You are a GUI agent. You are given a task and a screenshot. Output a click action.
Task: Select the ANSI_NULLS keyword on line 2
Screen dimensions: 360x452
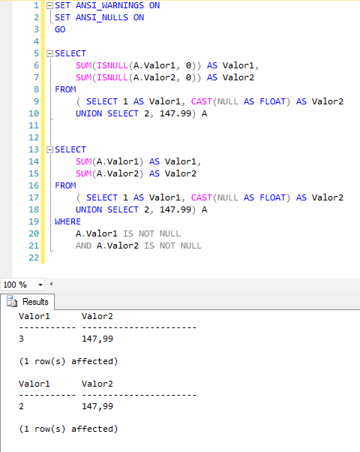[x=102, y=17]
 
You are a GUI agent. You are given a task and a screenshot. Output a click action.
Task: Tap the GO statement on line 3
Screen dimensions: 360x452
[x=60, y=29]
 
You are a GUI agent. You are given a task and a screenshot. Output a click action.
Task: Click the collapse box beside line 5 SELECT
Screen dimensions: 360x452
[x=49, y=53]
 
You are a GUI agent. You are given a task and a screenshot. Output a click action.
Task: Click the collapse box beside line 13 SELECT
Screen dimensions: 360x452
[x=49, y=149]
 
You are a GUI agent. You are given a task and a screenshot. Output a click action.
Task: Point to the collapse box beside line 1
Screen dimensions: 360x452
[x=49, y=5]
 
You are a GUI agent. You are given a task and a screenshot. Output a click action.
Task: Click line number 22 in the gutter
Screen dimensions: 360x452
[x=34, y=258]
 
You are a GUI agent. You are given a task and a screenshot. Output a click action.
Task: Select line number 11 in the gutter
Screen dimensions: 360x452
[x=34, y=125]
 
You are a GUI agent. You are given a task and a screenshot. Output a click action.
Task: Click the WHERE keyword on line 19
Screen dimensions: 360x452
[x=67, y=221]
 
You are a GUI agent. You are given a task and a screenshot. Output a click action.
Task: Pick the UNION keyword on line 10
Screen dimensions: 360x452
[x=88, y=113]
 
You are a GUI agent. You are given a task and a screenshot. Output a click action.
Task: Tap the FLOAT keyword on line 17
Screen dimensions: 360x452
[x=272, y=197]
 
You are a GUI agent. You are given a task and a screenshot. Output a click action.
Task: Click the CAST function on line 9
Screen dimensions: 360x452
[x=201, y=101]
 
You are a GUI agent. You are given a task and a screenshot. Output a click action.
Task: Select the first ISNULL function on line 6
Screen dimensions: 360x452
[x=112, y=66]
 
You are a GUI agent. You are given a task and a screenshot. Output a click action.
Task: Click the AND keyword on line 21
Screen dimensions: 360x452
[x=83, y=246]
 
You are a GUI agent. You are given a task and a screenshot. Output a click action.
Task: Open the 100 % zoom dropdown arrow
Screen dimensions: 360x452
[x=40, y=285]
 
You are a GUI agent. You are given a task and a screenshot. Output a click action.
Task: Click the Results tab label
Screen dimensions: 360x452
[x=35, y=302]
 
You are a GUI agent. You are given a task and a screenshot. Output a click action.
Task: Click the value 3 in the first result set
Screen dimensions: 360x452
[x=21, y=339]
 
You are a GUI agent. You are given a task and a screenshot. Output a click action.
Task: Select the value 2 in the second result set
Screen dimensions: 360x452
[x=21, y=406]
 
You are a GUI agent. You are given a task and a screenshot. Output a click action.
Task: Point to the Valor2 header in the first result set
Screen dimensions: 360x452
[x=97, y=316]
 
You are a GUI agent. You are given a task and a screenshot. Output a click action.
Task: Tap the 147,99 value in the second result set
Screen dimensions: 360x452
[x=97, y=406]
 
